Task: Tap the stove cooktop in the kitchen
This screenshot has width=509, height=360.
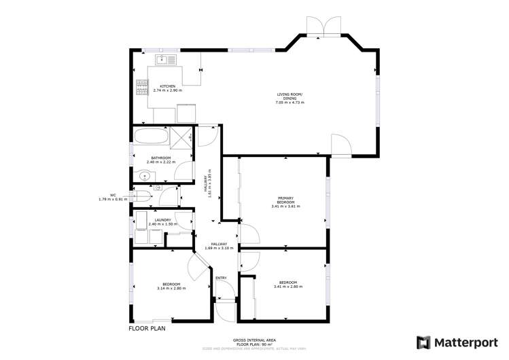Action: click(143, 86)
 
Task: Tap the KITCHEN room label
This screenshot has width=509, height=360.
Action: click(167, 86)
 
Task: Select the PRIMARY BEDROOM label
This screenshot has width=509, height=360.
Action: click(285, 200)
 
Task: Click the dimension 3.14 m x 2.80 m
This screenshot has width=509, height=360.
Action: click(170, 288)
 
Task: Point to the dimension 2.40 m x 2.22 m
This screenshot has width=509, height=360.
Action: click(161, 162)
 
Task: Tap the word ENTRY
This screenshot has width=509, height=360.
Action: click(221, 278)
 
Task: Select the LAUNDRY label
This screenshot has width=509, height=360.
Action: click(162, 220)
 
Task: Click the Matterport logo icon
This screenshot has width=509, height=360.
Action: click(423, 342)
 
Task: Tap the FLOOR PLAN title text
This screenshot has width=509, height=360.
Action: click(147, 328)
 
